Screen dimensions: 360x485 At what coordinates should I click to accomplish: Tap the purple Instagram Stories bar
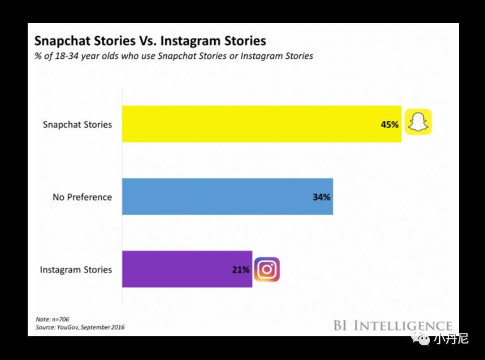(187, 270)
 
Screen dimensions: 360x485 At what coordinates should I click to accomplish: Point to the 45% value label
(389, 124)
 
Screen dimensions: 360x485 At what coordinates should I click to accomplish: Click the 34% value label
(321, 197)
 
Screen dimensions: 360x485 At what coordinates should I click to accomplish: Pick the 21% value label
(240, 270)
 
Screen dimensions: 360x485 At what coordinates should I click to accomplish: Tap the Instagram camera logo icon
(267, 270)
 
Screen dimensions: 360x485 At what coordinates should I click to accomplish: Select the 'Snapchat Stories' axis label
(77, 124)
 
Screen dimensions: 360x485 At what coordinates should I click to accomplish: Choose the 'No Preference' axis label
(83, 197)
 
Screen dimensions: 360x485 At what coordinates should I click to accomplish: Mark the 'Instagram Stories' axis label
(76, 270)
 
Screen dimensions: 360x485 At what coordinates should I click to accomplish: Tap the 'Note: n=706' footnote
(52, 319)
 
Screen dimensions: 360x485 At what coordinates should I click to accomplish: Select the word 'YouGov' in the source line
(72, 327)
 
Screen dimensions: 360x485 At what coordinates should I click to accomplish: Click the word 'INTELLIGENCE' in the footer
(403, 326)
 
